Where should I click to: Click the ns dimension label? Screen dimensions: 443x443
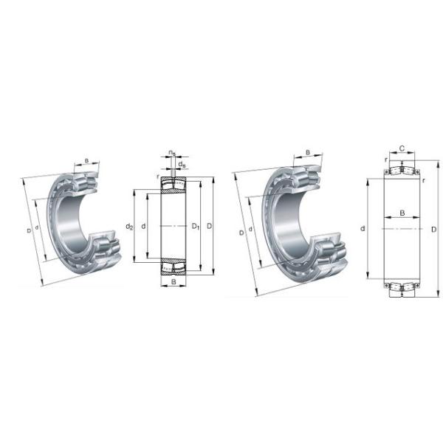click(171, 153)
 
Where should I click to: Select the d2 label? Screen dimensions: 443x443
click(128, 225)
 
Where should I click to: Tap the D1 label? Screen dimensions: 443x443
click(196, 225)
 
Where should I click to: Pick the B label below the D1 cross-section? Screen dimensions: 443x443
click(173, 282)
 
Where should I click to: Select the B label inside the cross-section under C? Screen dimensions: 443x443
click(402, 213)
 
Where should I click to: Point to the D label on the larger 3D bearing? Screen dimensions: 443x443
click(241, 233)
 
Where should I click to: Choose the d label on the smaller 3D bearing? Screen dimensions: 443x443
click(38, 226)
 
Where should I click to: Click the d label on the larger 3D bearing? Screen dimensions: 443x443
click(252, 229)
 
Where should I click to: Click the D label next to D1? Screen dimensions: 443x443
click(210, 225)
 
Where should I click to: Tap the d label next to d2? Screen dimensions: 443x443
click(143, 225)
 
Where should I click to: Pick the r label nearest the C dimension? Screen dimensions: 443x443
click(385, 159)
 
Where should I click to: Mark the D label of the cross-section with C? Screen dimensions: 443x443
click(433, 229)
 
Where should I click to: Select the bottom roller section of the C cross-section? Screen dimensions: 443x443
click(402, 286)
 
